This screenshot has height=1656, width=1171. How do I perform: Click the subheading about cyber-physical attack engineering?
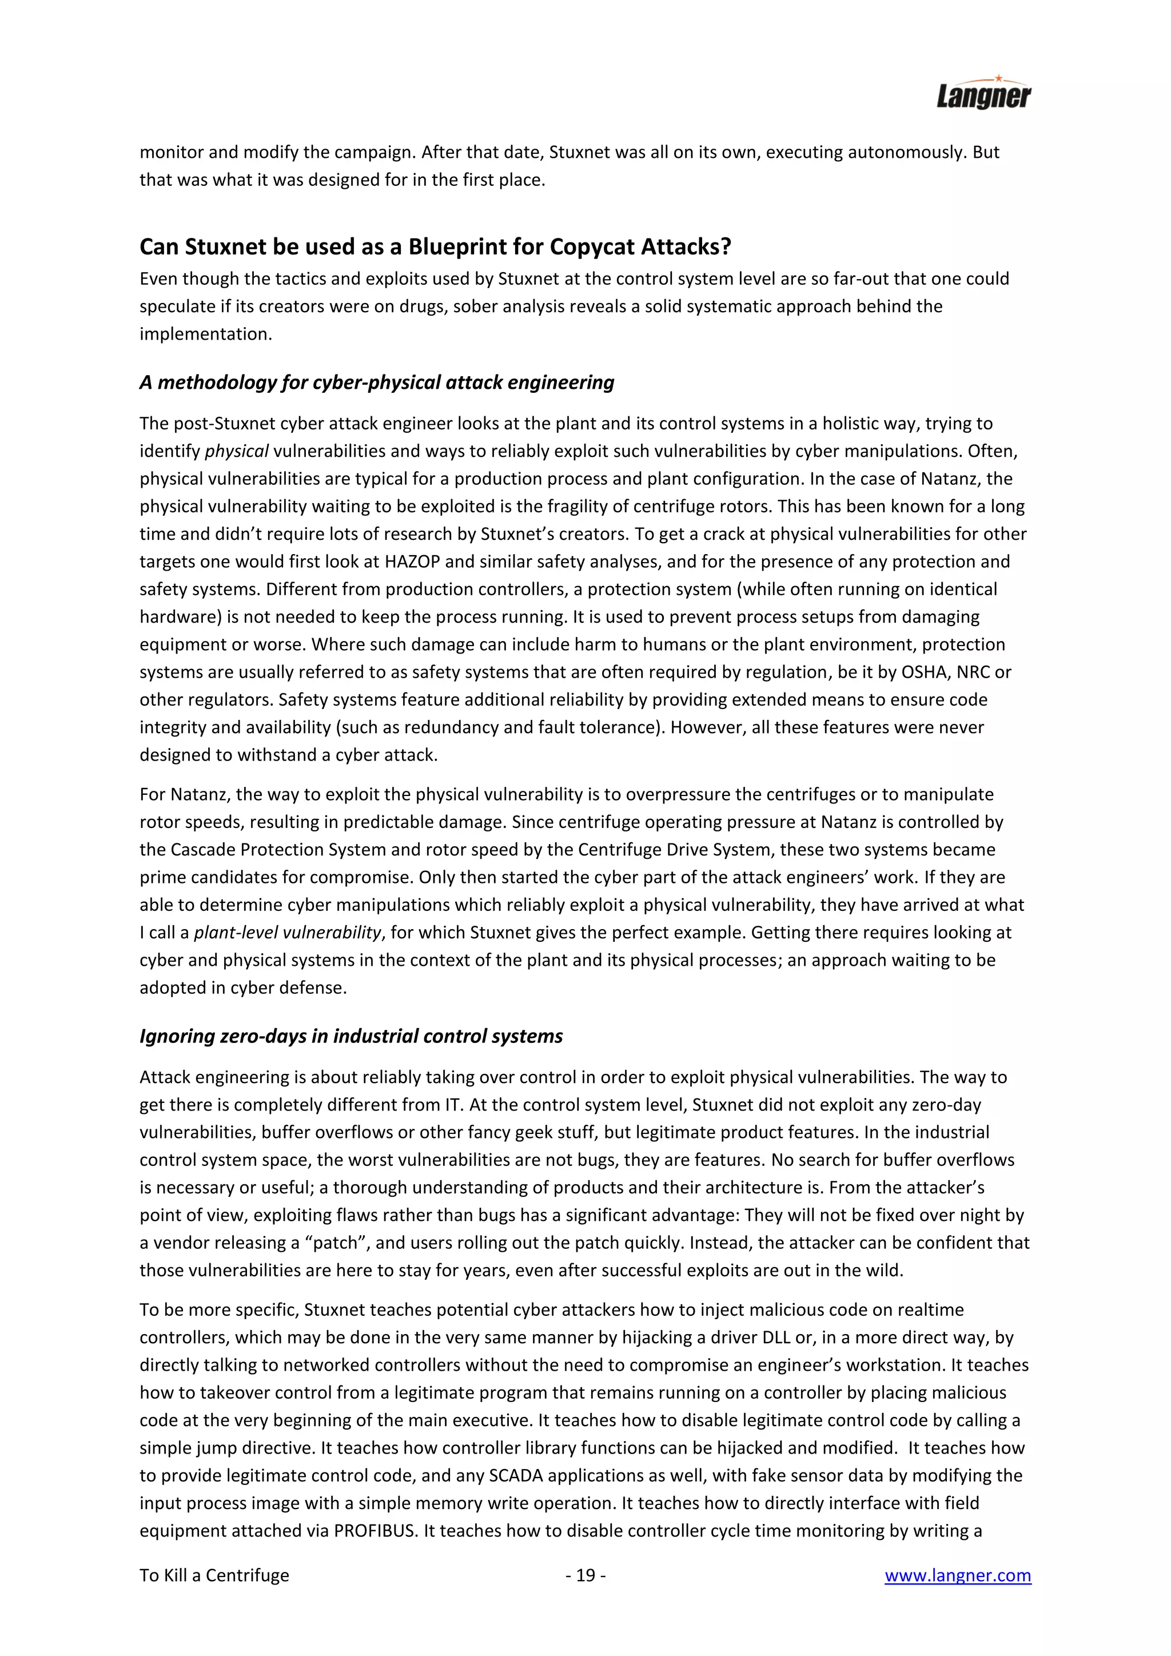pyautogui.click(x=376, y=383)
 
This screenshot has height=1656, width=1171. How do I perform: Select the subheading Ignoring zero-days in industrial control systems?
pyautogui.click(x=351, y=1037)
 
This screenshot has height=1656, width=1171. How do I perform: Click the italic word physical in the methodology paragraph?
pyautogui.click(x=237, y=452)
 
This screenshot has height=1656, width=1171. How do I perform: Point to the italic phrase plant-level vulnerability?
pyautogui.click(x=287, y=933)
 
